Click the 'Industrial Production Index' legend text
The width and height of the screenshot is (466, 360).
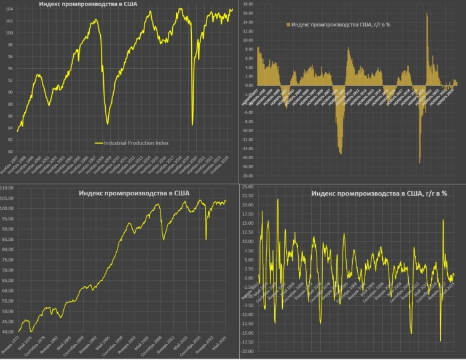pyautogui.click(x=136, y=143)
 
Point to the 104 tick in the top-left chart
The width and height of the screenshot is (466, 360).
pyautogui.click(x=7, y=9)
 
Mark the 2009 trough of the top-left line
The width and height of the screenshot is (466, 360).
pyautogui.click(x=108, y=123)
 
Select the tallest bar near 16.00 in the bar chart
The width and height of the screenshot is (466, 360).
pyautogui.click(x=426, y=14)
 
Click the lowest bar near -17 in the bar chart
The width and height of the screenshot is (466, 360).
pyautogui.click(x=419, y=163)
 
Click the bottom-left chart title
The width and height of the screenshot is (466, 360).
pyautogui.click(x=134, y=194)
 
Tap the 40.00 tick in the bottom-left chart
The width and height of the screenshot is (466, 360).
pyautogui.click(x=8, y=332)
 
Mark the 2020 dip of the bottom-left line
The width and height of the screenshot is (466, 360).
pyautogui.click(x=206, y=239)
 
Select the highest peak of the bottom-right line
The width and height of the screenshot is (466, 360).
pyautogui.click(x=277, y=200)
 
